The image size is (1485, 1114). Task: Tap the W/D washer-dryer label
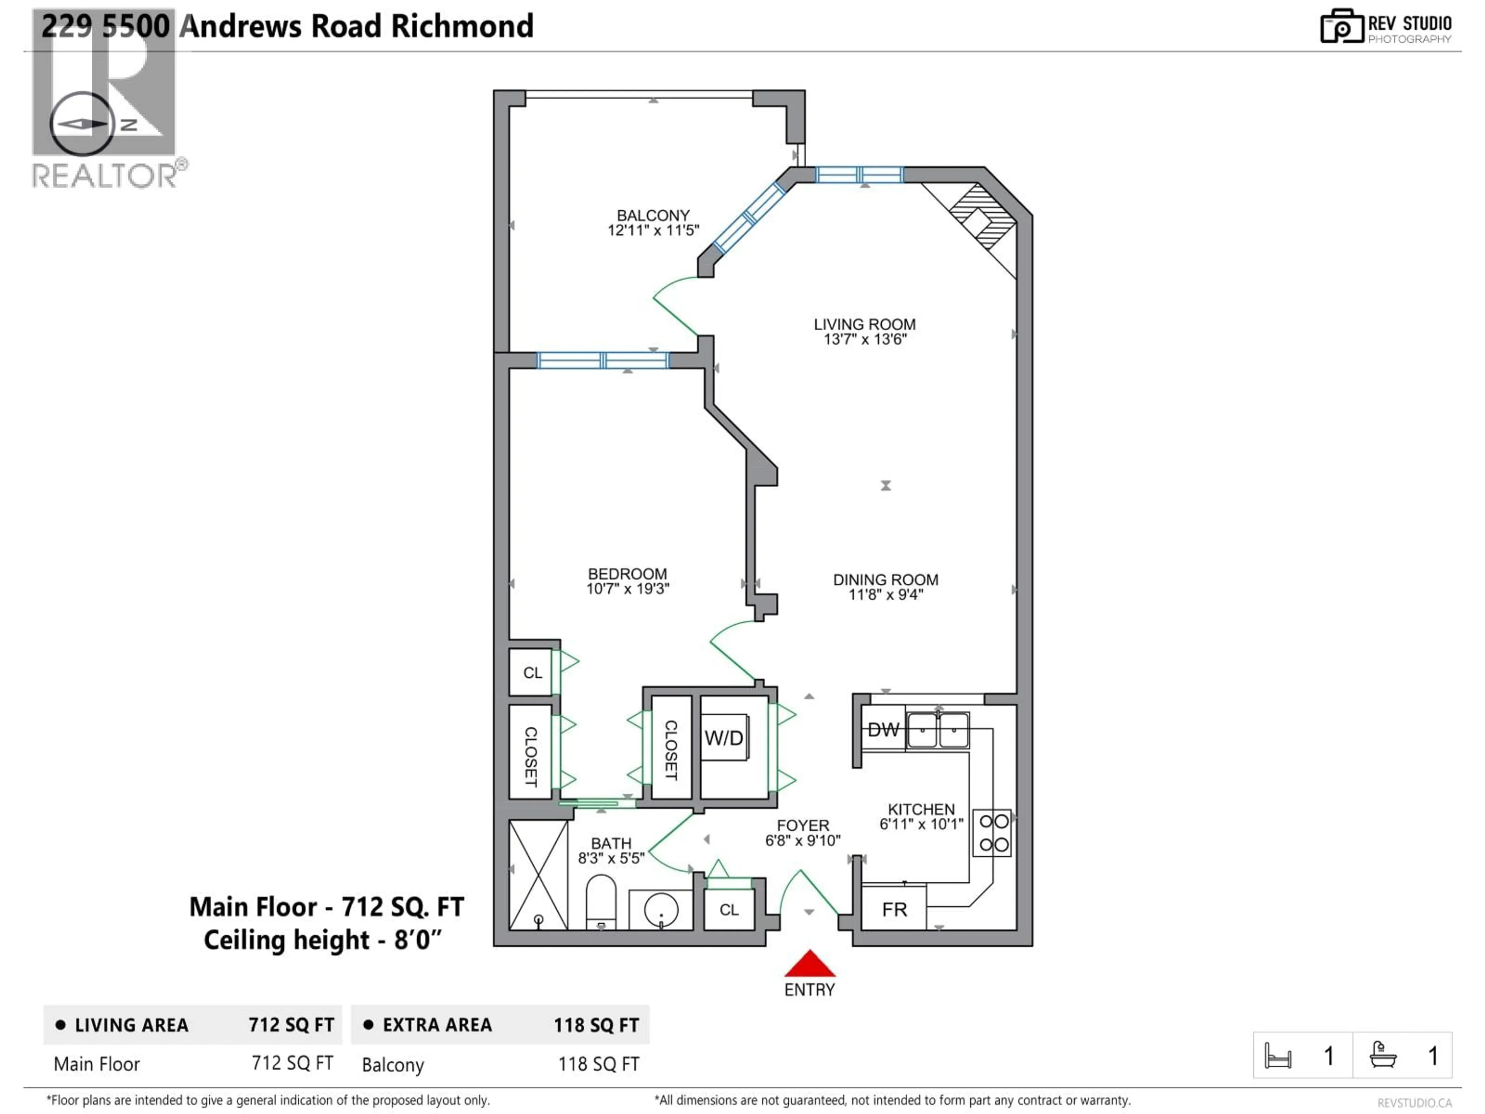tap(724, 738)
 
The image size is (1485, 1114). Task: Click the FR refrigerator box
tap(894, 909)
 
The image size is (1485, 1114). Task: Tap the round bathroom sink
tap(661, 910)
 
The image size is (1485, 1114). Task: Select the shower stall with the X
tap(538, 874)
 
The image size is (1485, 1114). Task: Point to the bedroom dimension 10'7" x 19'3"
tap(628, 589)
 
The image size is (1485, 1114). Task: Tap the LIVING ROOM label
tap(865, 324)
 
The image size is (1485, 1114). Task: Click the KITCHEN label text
tap(921, 809)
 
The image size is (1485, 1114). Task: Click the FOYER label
tap(803, 825)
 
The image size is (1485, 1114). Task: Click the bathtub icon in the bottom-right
tap(1383, 1056)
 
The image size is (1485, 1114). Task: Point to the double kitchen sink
tap(938, 730)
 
